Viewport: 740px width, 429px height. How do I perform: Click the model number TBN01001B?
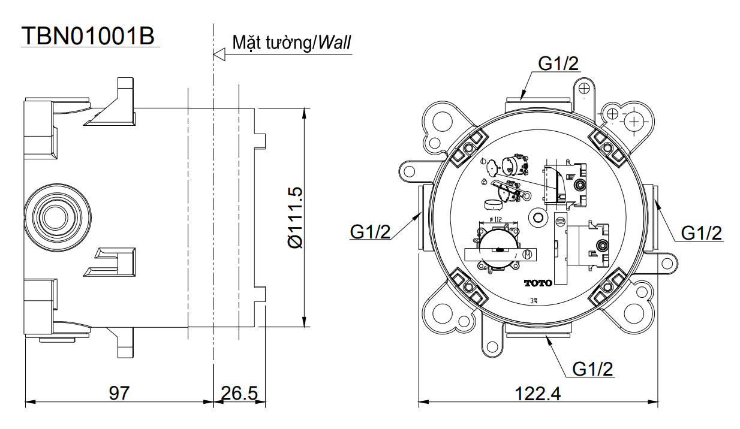click(88, 36)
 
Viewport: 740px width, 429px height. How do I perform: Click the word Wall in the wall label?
click(335, 43)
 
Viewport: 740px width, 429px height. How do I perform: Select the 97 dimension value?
click(119, 394)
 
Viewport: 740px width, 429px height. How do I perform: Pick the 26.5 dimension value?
click(239, 394)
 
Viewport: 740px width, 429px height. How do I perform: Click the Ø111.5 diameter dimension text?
click(295, 217)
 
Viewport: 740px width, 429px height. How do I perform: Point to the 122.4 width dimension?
click(537, 394)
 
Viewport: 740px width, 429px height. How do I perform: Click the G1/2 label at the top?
click(558, 64)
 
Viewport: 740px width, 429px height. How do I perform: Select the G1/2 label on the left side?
click(371, 232)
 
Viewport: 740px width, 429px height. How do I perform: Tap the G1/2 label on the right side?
click(702, 232)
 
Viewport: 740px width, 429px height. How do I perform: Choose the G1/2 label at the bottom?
click(593, 369)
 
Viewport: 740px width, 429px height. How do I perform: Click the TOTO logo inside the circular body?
click(537, 283)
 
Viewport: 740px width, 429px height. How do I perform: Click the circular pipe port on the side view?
click(53, 214)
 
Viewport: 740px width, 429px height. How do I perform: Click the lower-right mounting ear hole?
click(633, 312)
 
